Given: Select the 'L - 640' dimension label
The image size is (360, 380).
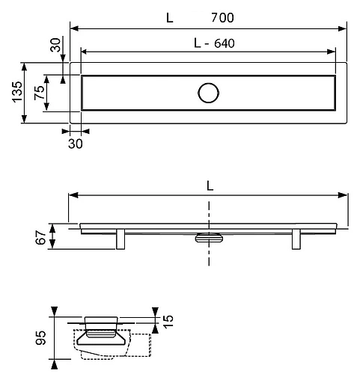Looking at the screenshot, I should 213,43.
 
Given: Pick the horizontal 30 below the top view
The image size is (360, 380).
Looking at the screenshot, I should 75,142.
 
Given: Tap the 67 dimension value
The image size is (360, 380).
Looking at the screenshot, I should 43,237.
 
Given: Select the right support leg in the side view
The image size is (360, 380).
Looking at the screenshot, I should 296,240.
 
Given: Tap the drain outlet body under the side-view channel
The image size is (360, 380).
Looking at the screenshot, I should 208,238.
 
